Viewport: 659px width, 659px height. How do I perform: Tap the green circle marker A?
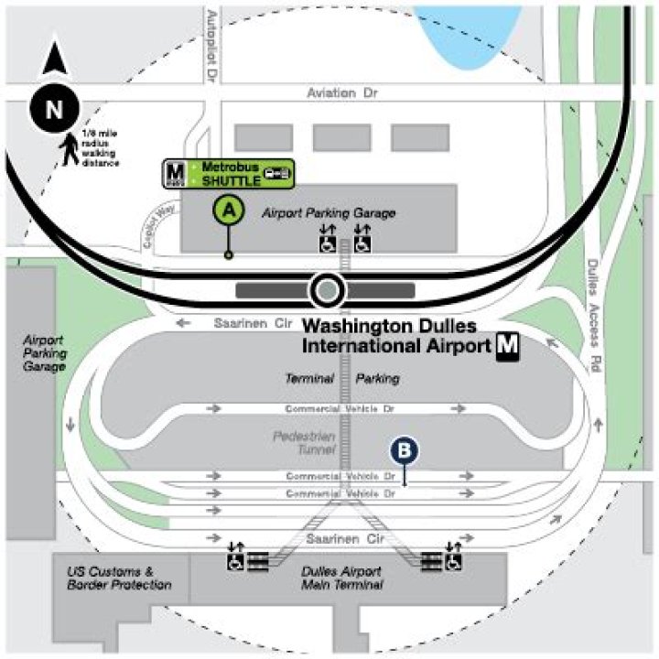pyautogui.click(x=230, y=210)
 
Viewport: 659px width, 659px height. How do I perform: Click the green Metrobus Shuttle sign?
pyautogui.click(x=229, y=172)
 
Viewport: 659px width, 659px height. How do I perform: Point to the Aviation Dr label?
pyautogui.click(x=343, y=93)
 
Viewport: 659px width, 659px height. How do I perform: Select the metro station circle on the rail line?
pyautogui.click(x=327, y=291)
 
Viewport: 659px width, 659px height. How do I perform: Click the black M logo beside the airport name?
pyautogui.click(x=508, y=346)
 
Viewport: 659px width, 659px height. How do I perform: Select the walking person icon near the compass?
pyautogui.click(x=70, y=151)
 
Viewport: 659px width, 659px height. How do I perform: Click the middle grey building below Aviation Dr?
pyautogui.click(x=341, y=137)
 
